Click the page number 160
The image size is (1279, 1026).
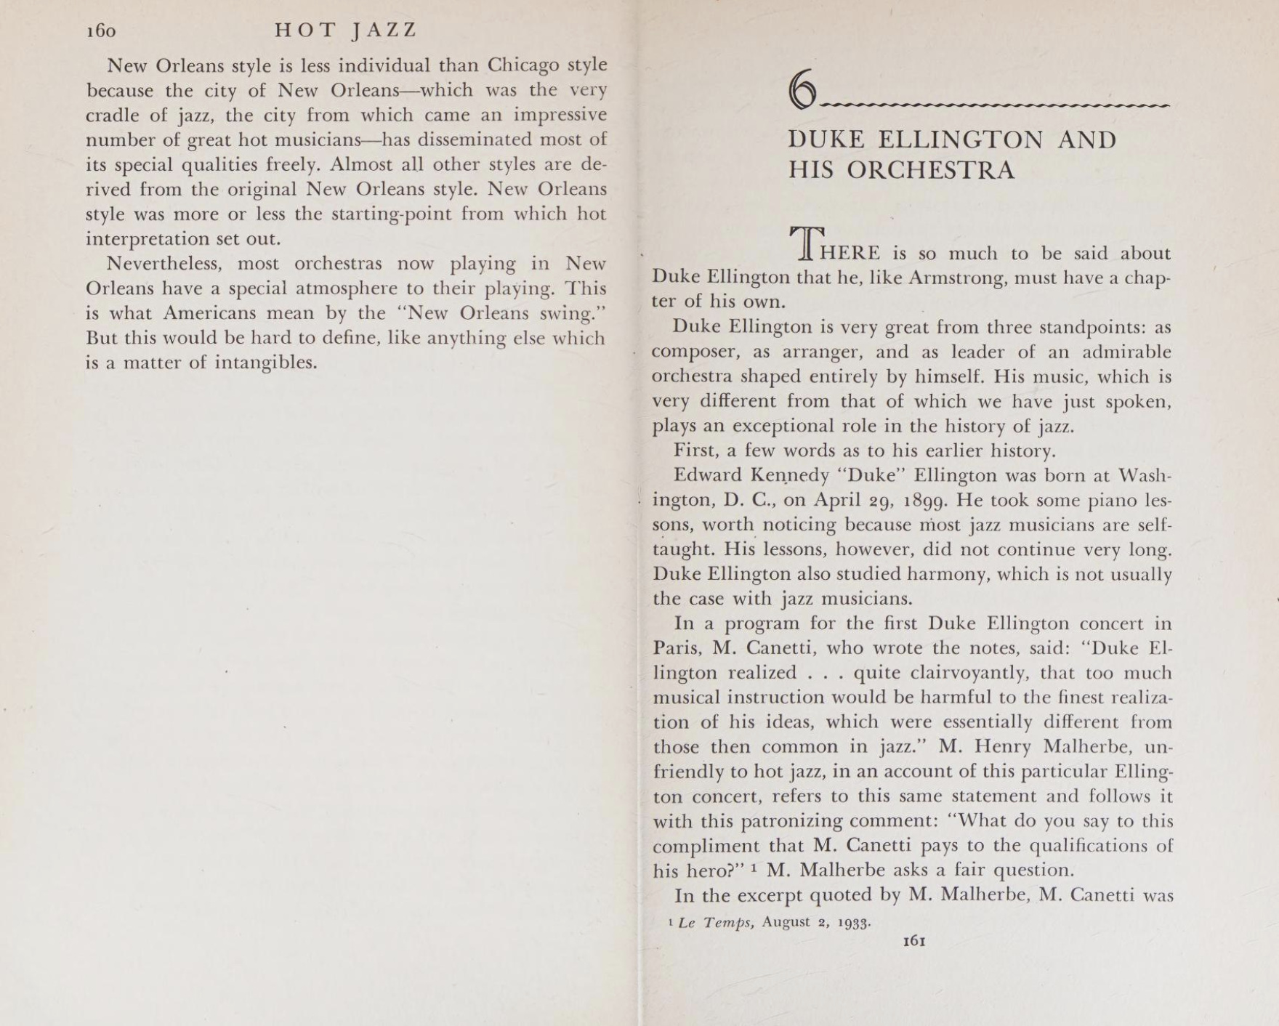coord(101,31)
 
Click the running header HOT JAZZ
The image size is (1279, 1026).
coord(346,30)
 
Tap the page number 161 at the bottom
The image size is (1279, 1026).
coord(913,941)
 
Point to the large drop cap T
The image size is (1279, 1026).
coord(806,243)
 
